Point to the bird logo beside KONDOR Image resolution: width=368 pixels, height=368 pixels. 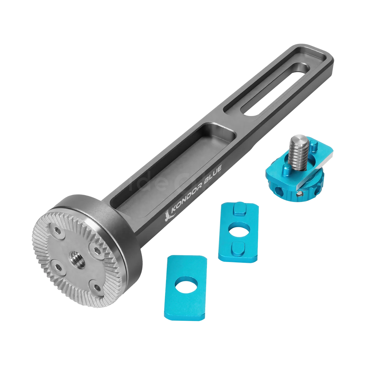tap(168, 217)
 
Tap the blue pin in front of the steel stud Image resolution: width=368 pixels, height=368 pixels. tap(286, 168)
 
